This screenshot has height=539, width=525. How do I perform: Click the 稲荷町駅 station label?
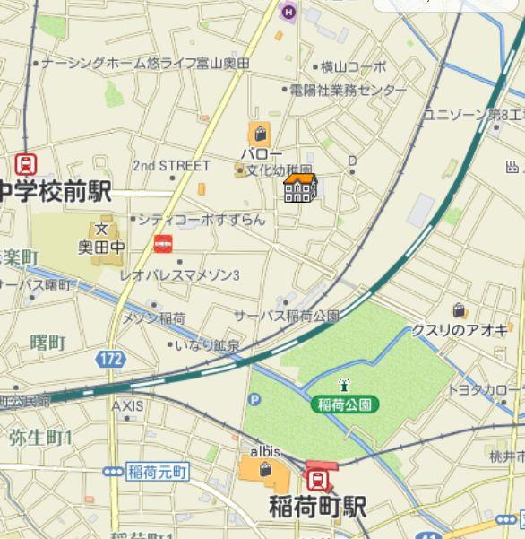(317, 507)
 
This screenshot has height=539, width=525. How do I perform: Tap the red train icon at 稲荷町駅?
(317, 476)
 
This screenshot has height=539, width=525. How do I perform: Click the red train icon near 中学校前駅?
(26, 165)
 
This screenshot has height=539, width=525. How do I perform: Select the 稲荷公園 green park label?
(345, 404)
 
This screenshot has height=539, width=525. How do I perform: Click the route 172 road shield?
(111, 359)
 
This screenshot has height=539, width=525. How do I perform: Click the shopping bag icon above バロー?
(260, 135)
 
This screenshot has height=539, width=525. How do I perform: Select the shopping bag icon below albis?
(265, 469)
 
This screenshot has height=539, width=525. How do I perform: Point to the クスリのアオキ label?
(460, 330)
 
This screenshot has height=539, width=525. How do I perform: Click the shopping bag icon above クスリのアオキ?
(459, 310)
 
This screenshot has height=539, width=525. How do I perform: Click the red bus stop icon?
(163, 243)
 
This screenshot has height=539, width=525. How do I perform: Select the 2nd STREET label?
(171, 166)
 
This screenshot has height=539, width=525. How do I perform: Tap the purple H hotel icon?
(288, 12)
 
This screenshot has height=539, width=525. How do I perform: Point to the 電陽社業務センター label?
(348, 91)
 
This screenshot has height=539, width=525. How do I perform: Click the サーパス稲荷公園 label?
(287, 316)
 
